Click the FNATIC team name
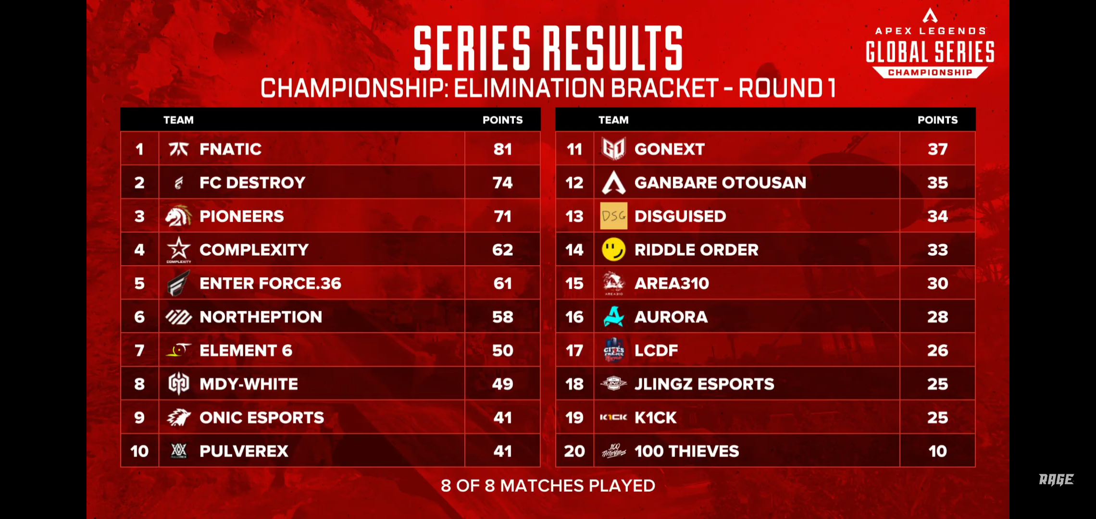tap(230, 149)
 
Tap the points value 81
tap(502, 149)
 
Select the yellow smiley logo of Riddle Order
tap(614, 249)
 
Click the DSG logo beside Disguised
tap(614, 216)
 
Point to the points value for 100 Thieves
tap(937, 451)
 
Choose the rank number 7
tap(139, 350)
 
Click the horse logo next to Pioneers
tap(178, 216)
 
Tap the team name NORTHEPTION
tap(261, 317)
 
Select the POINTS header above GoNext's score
tap(937, 120)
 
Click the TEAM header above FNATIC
tap(178, 120)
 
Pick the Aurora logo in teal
tap(614, 317)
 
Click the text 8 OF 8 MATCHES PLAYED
tap(548, 485)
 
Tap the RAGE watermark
tap(1056, 479)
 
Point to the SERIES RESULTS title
tap(548, 48)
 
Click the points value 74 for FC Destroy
tap(502, 183)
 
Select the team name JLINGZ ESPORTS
tap(704, 384)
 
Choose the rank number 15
tap(574, 283)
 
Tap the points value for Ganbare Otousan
tap(937, 183)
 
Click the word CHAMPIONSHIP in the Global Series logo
tap(930, 73)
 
